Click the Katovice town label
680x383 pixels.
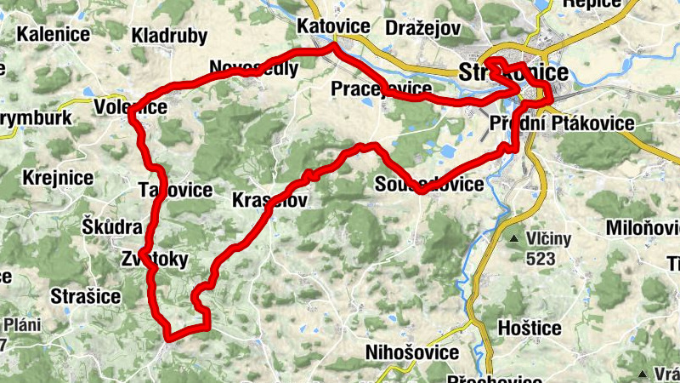333,26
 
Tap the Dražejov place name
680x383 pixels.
422,28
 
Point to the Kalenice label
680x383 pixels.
54,35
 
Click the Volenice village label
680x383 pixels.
130,107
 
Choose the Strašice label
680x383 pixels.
86,296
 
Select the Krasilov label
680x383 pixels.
269,200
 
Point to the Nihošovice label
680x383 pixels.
411,352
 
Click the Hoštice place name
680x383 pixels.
529,328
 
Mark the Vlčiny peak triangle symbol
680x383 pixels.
514,237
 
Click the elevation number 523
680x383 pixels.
541,256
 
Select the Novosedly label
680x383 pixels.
253,68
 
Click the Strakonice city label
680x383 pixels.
513,72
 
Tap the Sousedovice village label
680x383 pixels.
428,184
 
